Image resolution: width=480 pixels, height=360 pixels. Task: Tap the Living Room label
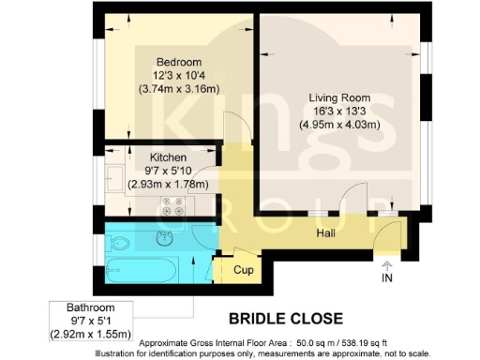click(335, 97)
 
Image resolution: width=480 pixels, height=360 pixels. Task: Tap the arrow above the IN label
click(386, 259)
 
